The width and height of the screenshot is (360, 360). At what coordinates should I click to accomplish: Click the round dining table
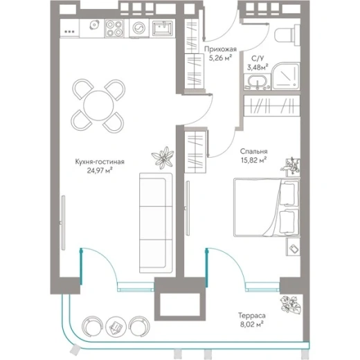[x=98, y=105]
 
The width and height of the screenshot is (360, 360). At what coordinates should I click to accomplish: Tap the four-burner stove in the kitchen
[x=114, y=28]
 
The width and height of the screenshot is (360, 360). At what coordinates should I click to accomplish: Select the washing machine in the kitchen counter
[x=139, y=28]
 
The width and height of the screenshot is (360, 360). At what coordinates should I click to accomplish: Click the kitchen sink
[x=163, y=28]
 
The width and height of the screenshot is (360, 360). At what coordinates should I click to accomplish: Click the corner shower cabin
[x=286, y=76]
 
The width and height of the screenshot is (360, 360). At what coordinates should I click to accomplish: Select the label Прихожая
[x=220, y=49]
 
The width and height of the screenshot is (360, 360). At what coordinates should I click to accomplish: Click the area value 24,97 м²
[x=100, y=170]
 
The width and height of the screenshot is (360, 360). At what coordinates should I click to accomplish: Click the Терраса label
[x=252, y=315]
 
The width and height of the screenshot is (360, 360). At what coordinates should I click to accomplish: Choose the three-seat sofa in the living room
[x=156, y=223]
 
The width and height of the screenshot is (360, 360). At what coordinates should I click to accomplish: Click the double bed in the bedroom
[x=267, y=207]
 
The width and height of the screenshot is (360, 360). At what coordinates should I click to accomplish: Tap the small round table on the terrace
[x=116, y=326]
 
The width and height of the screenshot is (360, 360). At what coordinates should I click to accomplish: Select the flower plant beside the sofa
[x=163, y=158]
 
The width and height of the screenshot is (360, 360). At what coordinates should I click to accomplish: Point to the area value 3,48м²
[x=258, y=67]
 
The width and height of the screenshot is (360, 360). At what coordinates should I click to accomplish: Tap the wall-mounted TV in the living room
[x=63, y=222]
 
